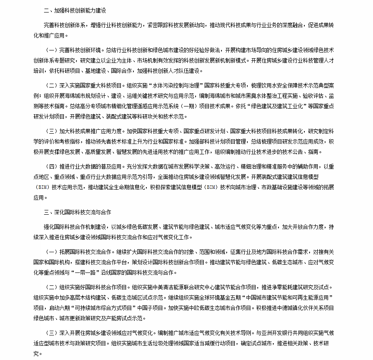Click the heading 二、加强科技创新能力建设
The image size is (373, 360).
75,10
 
